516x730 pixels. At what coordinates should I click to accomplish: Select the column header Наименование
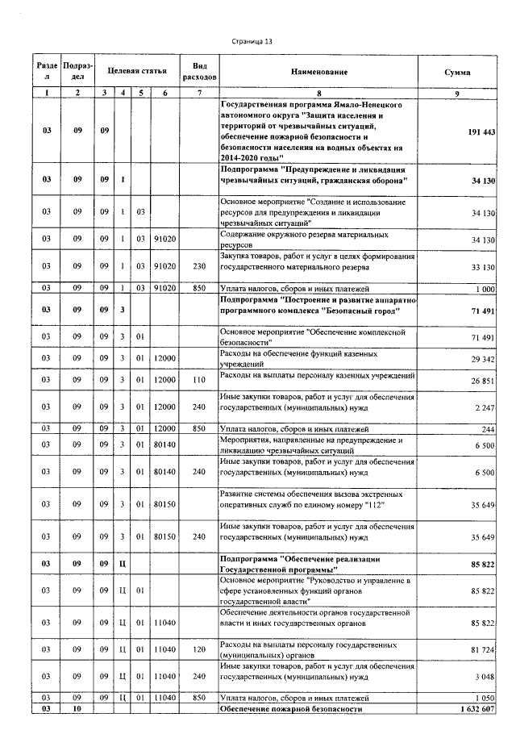tap(319, 72)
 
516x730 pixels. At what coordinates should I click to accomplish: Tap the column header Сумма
tap(457, 72)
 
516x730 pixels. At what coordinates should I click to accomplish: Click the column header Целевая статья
tap(134, 72)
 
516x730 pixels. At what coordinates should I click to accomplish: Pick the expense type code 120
tap(201, 649)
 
